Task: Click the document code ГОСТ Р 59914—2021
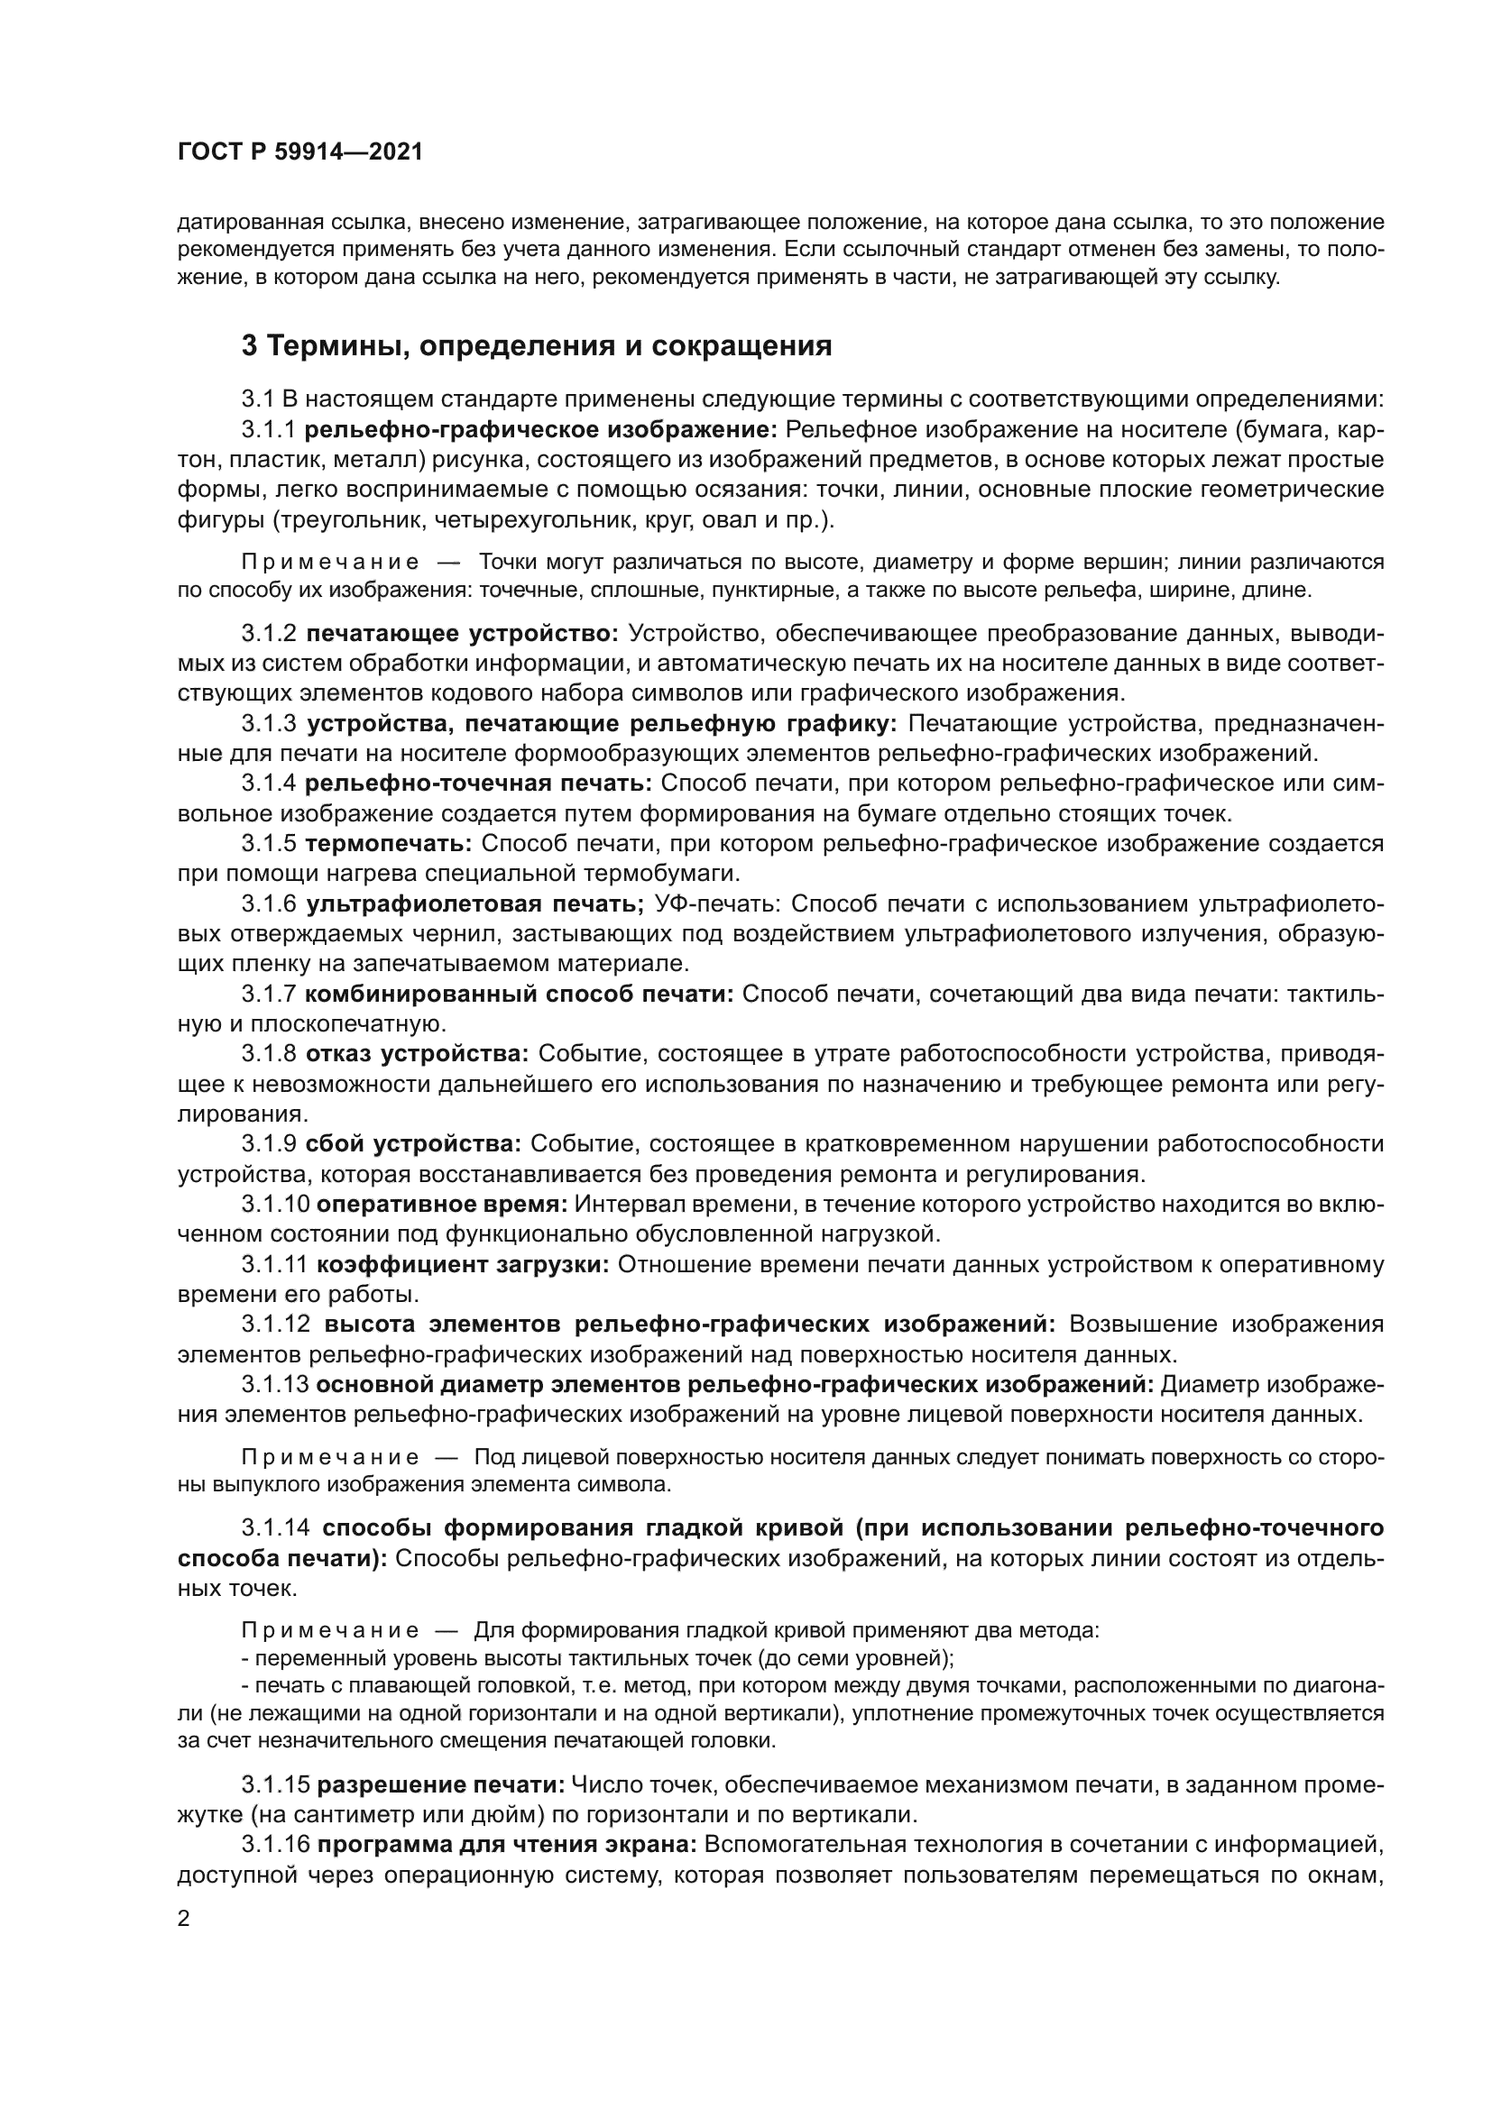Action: (299, 152)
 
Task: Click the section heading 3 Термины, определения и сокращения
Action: (537, 346)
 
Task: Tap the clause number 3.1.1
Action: (268, 430)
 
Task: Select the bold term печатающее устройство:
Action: (463, 634)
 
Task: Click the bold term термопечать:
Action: (389, 844)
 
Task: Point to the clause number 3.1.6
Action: (268, 904)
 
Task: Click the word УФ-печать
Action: (716, 904)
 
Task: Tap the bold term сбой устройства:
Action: (413, 1144)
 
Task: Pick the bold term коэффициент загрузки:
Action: (463, 1265)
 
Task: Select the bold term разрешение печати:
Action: (441, 1785)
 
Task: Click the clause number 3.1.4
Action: (268, 784)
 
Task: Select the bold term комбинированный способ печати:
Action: (519, 994)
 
